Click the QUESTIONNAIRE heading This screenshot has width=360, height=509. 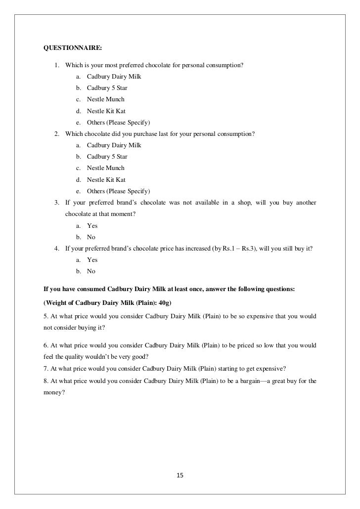pyautogui.click(x=73, y=48)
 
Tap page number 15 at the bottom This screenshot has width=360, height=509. pyautogui.click(x=180, y=475)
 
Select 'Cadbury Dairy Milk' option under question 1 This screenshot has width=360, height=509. pyautogui.click(x=114, y=77)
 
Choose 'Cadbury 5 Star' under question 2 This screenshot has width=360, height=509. pyautogui.click(x=107, y=157)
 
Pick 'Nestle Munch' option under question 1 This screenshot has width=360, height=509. pyautogui.click(x=105, y=99)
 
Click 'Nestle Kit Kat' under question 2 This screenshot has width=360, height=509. pyautogui.click(x=106, y=180)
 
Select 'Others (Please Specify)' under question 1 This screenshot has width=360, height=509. pyautogui.click(x=118, y=122)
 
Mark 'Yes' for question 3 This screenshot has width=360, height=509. pyautogui.click(x=92, y=226)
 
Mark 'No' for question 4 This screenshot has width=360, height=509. pyautogui.click(x=91, y=271)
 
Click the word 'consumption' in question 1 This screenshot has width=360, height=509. pyautogui.click(x=224, y=65)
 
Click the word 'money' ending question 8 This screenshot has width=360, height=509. pyautogui.click(x=53, y=392)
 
